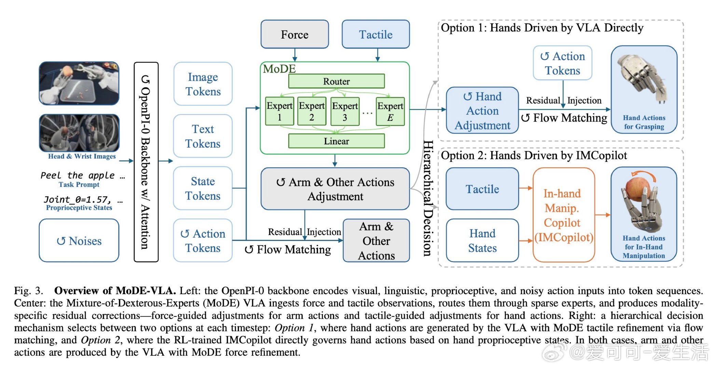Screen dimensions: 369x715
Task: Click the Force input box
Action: [294, 34]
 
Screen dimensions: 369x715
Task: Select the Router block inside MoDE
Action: [336, 81]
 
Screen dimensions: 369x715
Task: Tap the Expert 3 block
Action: [345, 111]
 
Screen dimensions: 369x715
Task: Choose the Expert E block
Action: [390, 111]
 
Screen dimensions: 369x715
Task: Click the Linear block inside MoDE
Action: [336, 141]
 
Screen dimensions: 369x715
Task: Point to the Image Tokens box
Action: [203, 84]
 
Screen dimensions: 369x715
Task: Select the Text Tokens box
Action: [203, 136]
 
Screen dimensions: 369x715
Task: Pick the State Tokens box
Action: [203, 188]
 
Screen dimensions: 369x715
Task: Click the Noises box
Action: [79, 241]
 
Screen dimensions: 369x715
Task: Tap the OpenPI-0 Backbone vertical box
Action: [146, 162]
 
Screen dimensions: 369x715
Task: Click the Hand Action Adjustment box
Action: [482, 110]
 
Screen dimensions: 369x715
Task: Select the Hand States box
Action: [482, 241]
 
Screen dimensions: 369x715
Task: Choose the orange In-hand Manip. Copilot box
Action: [563, 215]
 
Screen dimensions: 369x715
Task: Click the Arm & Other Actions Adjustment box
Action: [335, 189]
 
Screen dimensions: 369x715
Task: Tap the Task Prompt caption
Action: [79, 184]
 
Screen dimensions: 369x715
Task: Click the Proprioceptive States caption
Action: [79, 208]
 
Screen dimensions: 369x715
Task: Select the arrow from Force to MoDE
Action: [294, 55]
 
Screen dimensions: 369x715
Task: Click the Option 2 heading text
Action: [534, 155]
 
